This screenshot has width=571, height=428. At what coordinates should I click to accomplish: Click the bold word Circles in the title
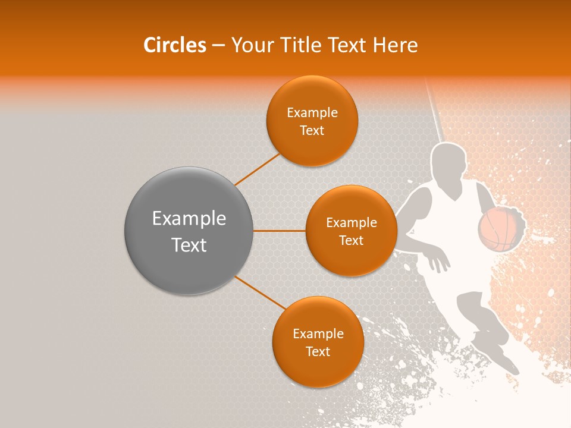point(175,45)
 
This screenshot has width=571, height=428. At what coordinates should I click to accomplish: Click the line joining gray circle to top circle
point(257,169)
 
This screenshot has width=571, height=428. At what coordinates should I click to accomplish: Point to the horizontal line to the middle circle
point(280,231)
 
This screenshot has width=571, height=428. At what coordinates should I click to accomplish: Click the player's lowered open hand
point(439,261)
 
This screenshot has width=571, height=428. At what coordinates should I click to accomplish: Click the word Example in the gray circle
point(189,219)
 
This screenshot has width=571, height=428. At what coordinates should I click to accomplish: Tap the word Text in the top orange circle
point(312,131)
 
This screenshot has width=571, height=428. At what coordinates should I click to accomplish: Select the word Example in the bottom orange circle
point(318,334)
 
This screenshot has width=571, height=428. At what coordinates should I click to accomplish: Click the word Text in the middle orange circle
point(352,241)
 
